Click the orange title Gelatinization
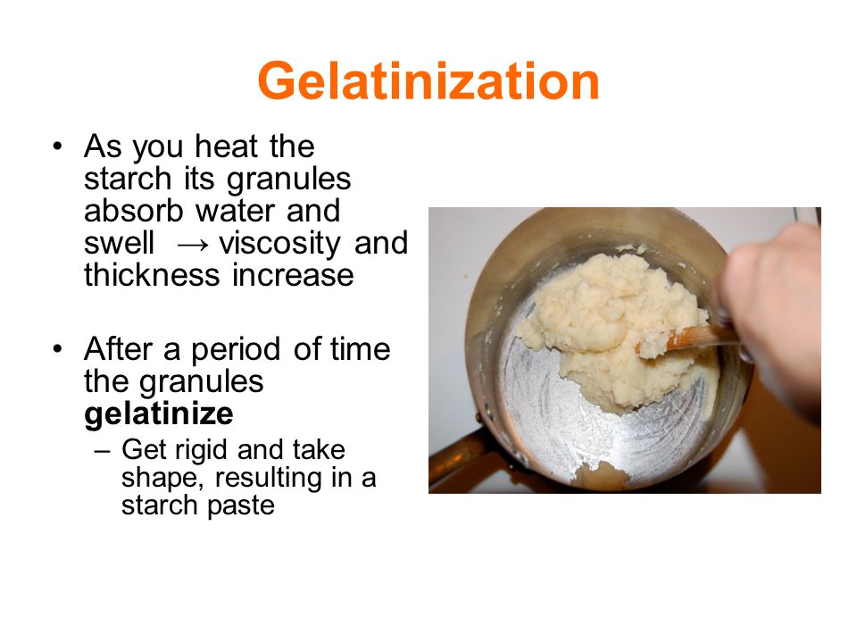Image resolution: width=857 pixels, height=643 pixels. [x=428, y=81]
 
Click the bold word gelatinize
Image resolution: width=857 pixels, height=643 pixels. [x=159, y=413]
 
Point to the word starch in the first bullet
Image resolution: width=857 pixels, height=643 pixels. [x=128, y=179]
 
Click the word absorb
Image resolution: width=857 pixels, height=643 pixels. [x=134, y=211]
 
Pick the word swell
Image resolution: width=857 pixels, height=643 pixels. [x=119, y=243]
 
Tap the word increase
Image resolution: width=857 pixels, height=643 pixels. [x=293, y=275]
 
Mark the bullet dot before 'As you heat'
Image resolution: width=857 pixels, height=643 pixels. [x=57, y=146]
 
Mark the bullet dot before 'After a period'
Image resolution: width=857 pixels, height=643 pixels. [x=57, y=349]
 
